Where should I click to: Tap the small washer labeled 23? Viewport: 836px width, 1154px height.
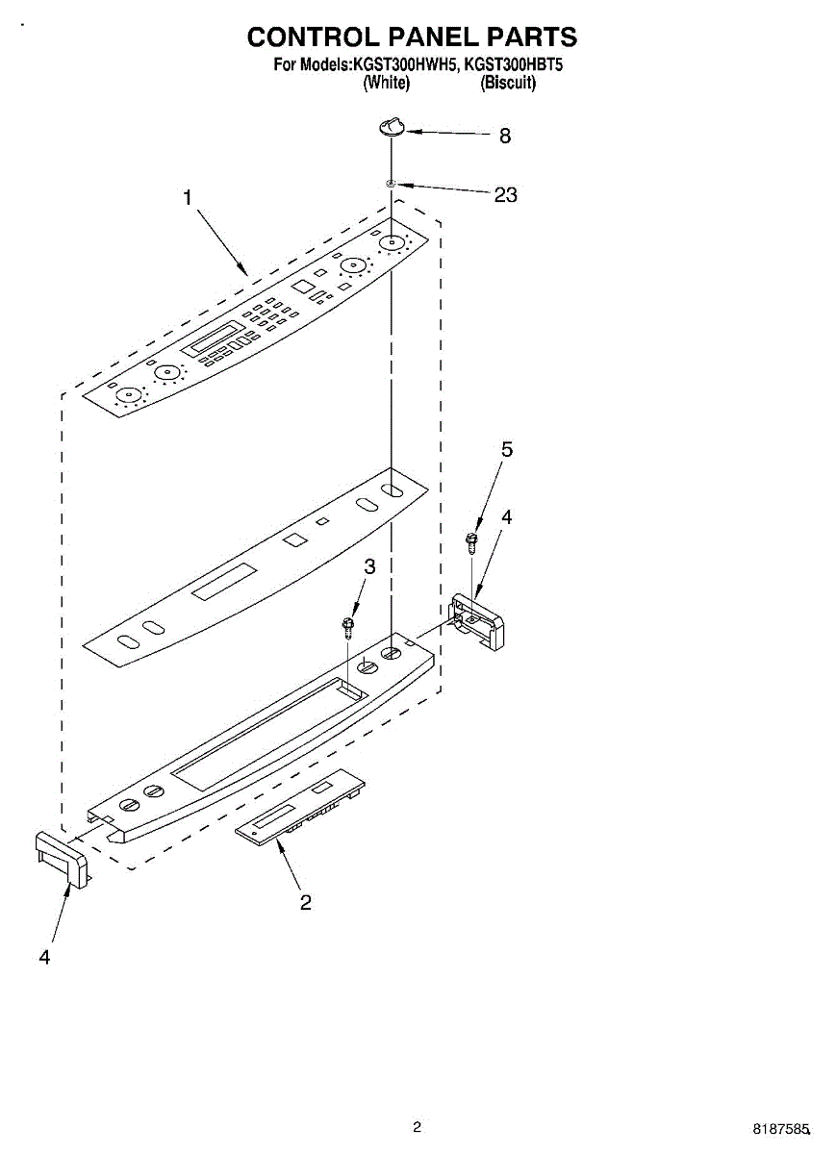pyautogui.click(x=391, y=183)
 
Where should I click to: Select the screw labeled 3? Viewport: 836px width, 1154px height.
pyautogui.click(x=348, y=628)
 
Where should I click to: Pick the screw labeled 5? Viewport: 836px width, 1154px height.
pyautogui.click(x=471, y=541)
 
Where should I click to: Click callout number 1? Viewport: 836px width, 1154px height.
pyautogui.click(x=188, y=197)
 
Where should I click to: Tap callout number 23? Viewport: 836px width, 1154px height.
pyautogui.click(x=505, y=195)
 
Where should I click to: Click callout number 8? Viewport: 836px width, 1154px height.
pyautogui.click(x=504, y=137)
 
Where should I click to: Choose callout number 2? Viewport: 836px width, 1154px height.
pyautogui.click(x=305, y=902)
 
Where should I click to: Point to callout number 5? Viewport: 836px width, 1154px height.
pyautogui.click(x=507, y=449)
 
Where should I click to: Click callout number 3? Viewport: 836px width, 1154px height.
pyautogui.click(x=369, y=567)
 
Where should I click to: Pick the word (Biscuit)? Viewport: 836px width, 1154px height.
pyautogui.click(x=508, y=83)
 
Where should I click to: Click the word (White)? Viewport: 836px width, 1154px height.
pyautogui.click(x=386, y=83)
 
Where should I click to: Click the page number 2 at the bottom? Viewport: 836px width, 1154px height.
pyautogui.click(x=417, y=1127)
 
